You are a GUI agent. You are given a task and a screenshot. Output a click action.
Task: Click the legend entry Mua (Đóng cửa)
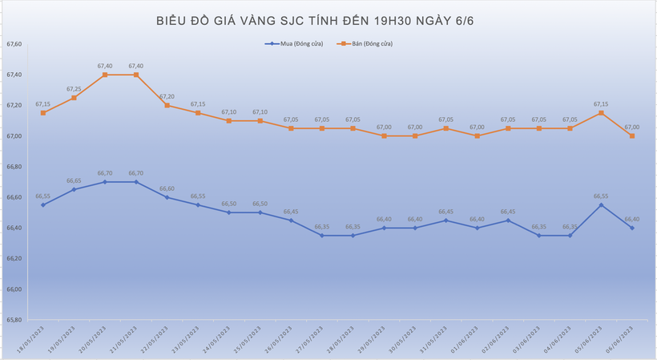tap(296, 43)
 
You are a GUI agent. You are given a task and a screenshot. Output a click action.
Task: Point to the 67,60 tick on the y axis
tap(14, 44)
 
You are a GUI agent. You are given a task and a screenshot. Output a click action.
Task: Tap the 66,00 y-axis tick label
tap(14, 289)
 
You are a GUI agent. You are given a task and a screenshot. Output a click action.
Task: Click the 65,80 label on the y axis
tap(14, 320)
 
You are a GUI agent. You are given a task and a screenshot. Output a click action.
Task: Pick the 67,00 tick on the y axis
tap(14, 136)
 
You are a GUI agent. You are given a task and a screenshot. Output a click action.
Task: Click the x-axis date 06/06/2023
tap(624, 339)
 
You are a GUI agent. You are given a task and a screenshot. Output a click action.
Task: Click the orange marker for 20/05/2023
tap(105, 75)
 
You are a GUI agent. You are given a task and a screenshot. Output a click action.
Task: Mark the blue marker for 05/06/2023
tap(601, 204)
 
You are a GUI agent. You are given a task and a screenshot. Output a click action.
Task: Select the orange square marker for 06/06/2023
tap(632, 136)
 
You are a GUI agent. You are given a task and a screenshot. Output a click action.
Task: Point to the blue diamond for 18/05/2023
tap(43, 204)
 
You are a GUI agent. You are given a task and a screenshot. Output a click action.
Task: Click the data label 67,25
tap(74, 89)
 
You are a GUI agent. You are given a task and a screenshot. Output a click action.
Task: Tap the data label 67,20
tap(167, 96)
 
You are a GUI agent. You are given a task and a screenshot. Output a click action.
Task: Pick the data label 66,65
tap(74, 180)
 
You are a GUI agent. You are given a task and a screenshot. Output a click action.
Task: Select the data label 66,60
tap(167, 188)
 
